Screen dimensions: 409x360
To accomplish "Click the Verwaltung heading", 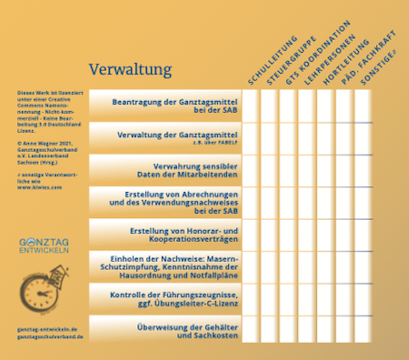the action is [131, 69].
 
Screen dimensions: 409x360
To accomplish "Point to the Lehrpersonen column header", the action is [324, 56].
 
